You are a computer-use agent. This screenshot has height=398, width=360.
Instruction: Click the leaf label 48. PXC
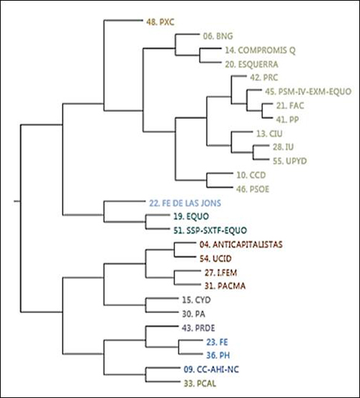pyautogui.click(x=160, y=22)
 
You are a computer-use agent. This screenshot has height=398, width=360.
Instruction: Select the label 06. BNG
pyautogui.click(x=218, y=36)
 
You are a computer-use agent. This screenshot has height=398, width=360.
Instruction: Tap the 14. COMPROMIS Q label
pyautogui.click(x=260, y=50)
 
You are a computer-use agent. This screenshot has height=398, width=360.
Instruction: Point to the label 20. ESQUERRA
pyautogui.click(x=251, y=65)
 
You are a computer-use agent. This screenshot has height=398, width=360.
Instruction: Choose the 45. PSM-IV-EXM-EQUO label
pyautogui.click(x=308, y=91)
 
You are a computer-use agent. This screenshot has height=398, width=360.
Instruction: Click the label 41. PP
pyautogui.click(x=287, y=119)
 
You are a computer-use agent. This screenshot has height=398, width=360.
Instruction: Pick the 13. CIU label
pyautogui.click(x=269, y=134)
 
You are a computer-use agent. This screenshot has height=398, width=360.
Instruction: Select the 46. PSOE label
pyautogui.click(x=253, y=189)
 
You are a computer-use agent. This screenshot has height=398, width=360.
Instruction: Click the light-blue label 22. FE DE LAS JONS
pyautogui.click(x=185, y=203)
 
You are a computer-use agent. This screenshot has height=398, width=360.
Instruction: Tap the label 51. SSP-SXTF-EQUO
pyautogui.click(x=210, y=230)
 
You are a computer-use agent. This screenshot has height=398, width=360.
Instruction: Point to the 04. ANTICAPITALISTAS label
pyautogui.click(x=241, y=245)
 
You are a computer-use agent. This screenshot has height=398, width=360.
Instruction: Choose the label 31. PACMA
pyautogui.click(x=225, y=286)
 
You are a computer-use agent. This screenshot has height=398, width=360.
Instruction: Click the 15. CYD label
pyautogui.click(x=197, y=300)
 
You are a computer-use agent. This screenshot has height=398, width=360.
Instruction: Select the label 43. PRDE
pyautogui.click(x=198, y=328)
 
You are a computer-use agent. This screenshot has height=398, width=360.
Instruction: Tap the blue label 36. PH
pyautogui.click(x=218, y=355)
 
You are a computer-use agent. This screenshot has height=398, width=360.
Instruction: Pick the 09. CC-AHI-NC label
pyautogui.click(x=211, y=369)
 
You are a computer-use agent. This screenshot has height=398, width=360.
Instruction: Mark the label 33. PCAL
pyautogui.click(x=200, y=384)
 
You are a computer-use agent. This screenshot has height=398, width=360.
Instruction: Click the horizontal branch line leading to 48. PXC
pyautogui.click(x=123, y=20)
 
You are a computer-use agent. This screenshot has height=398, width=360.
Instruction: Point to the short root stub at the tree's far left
pyautogui.click(x=17, y=202)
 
